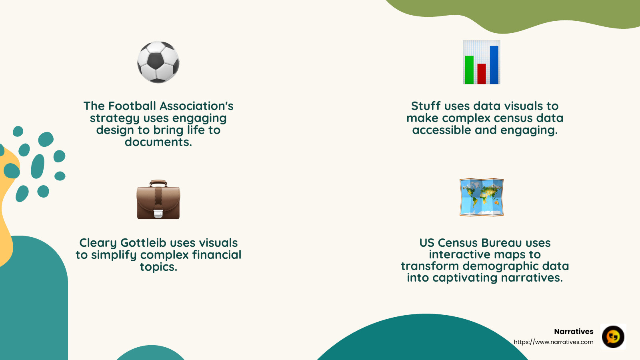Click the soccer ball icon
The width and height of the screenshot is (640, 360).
pyautogui.click(x=158, y=62)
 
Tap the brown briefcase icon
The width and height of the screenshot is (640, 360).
pyautogui.click(x=158, y=200)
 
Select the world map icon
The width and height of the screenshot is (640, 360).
pyautogui.click(x=482, y=197)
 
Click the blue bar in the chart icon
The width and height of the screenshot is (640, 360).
pyautogui.click(x=494, y=65)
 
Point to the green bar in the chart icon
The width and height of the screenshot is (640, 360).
pyautogui.click(x=469, y=70)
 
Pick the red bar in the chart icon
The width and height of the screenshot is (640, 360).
pyautogui.click(x=482, y=74)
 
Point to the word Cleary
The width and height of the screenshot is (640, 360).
pyautogui.click(x=98, y=243)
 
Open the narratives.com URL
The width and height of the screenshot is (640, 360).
pyautogui.click(x=554, y=342)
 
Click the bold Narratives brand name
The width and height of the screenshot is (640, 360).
pyautogui.click(x=574, y=331)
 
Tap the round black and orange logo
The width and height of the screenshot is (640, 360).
pyautogui.click(x=613, y=336)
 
